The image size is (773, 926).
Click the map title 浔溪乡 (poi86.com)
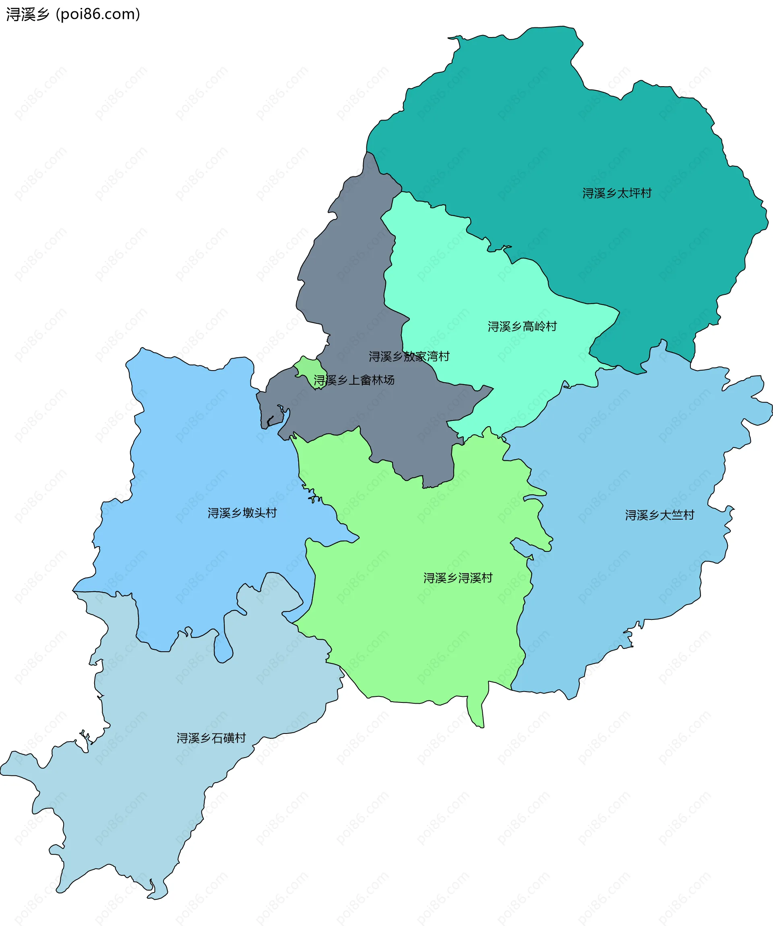click(73, 14)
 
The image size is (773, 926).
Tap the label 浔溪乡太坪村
click(616, 193)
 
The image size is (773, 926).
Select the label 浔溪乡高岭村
click(522, 326)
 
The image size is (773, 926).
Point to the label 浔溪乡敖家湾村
click(409, 356)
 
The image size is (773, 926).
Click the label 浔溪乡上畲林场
click(353, 380)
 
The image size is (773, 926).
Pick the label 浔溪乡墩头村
click(242, 513)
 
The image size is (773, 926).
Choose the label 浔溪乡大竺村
click(659, 515)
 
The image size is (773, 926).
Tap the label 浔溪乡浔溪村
click(457, 578)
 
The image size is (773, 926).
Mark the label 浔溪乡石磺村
click(211, 738)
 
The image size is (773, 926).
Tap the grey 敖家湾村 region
click(353, 265)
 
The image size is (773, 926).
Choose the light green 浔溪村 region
click(419, 639)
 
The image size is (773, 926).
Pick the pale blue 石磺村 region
click(132, 794)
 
